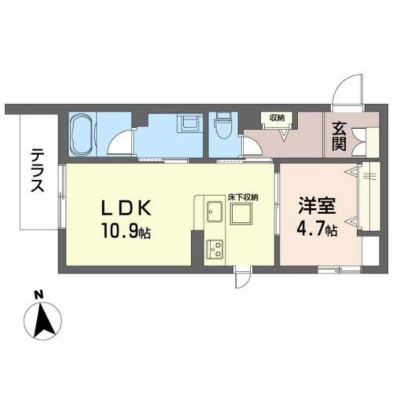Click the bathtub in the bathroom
81,133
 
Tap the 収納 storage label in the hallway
277,117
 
